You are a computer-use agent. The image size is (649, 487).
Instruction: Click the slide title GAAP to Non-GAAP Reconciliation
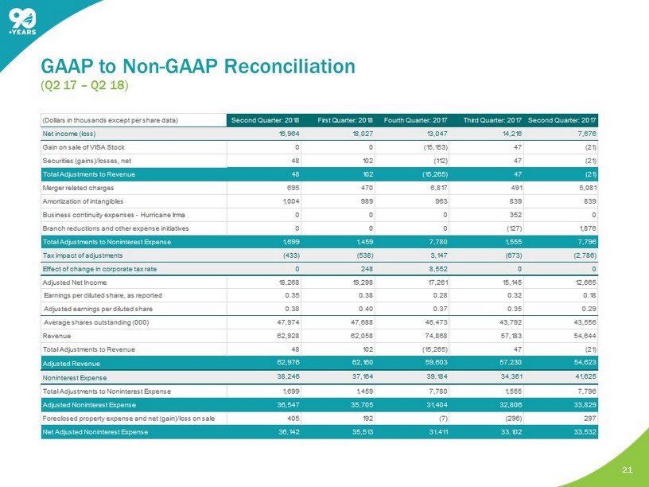[198, 63]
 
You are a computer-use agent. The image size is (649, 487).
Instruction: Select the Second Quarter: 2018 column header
[265, 119]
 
